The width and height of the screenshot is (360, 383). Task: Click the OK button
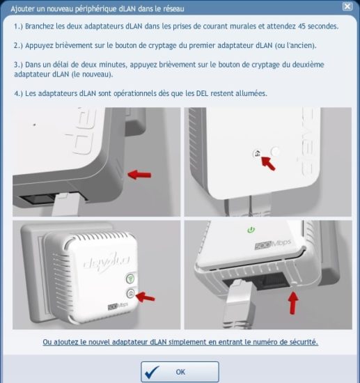[180, 372]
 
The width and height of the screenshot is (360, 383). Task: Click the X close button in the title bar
[347, 6]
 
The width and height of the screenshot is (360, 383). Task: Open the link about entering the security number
[180, 342]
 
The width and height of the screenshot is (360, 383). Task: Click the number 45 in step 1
[302, 26]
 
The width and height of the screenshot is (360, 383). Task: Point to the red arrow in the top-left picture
[139, 175]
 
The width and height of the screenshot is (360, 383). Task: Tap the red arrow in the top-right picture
[268, 163]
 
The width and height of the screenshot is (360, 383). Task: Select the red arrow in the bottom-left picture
[145, 297]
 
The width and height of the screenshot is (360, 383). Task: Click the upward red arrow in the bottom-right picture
[293, 303]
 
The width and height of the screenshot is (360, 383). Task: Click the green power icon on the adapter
[251, 230]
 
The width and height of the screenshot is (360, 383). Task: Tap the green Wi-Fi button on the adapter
[130, 279]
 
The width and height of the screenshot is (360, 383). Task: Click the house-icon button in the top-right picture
[257, 153]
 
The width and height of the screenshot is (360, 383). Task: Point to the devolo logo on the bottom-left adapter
[107, 262]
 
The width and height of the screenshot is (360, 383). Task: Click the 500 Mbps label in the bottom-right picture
[273, 244]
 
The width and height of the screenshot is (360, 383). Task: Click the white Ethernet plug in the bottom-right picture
[237, 303]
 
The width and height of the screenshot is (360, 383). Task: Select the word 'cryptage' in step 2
[162, 45]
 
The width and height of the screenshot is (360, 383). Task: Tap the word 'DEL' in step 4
[202, 93]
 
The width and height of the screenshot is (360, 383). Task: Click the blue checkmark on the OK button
[152, 372]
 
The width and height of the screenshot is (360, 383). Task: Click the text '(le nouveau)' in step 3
[93, 75]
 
